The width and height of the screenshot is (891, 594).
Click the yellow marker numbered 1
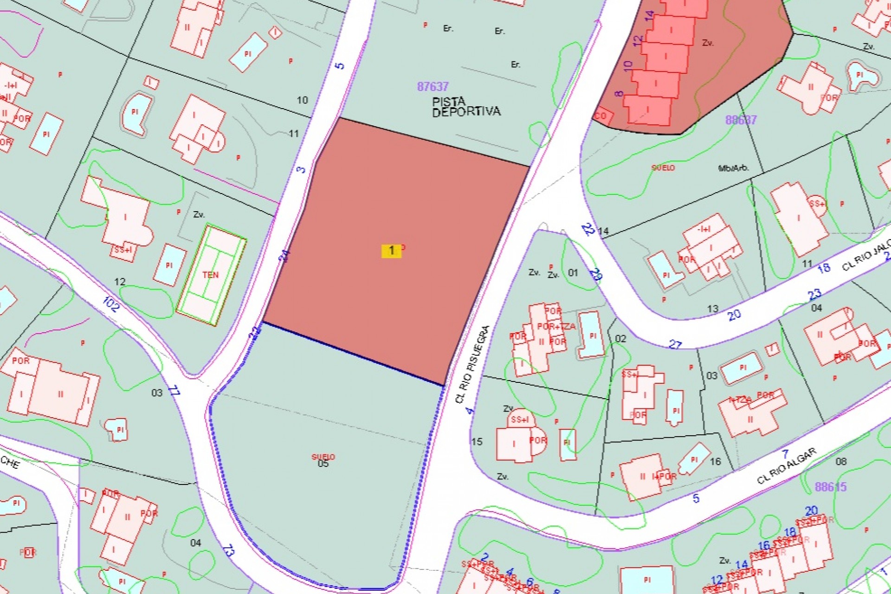pos(391,251)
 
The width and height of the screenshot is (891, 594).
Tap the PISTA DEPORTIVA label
pos(466,107)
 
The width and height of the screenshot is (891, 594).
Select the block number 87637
pos(433,87)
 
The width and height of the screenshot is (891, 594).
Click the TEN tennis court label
pos(210,275)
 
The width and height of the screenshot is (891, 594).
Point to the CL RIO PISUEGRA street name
pos(472,364)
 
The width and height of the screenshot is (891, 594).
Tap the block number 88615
pos(831,487)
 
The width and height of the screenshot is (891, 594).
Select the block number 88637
pos(741,120)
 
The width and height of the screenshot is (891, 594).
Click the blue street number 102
pos(110,304)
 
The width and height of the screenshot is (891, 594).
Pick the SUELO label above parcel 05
pos(323,457)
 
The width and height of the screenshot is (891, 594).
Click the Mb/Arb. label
pos(733,168)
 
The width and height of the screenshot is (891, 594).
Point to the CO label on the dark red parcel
pos(600,116)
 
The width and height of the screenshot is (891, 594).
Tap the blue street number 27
pos(675,344)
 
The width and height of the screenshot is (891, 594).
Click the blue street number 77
pos(174,390)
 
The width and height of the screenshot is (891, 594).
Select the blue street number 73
pos(228,550)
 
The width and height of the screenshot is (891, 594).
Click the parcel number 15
pos(477,441)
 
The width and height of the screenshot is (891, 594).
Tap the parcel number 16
pos(715,461)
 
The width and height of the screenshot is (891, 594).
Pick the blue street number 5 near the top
pos(340,65)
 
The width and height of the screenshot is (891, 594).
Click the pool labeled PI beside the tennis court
pos(169,265)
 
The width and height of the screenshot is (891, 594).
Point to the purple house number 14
pos(649,15)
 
